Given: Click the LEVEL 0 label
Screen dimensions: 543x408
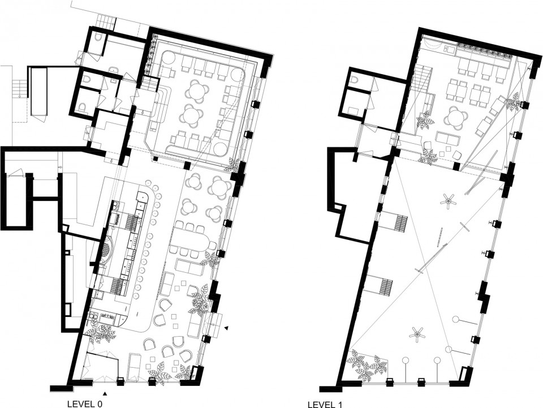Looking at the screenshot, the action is [x=85, y=404].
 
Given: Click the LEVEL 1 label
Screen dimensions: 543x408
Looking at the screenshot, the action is [x=326, y=405].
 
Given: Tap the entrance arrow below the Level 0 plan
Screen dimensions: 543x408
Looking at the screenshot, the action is [x=105, y=393].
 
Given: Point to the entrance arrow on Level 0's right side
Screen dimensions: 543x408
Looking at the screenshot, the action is [x=226, y=328].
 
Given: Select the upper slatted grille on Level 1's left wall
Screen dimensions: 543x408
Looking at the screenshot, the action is [x=400, y=224].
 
